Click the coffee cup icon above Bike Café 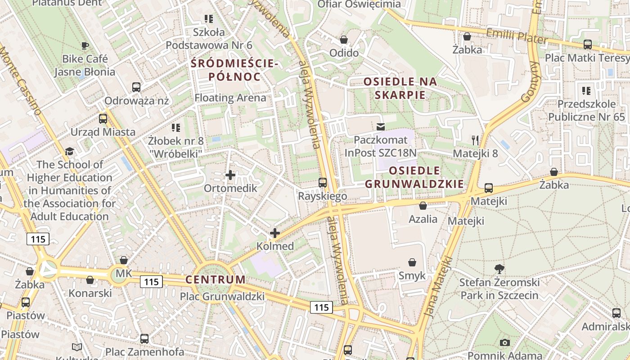[x=85, y=45]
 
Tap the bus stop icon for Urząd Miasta [x=103, y=119]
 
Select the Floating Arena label [x=230, y=98]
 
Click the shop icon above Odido [x=344, y=40]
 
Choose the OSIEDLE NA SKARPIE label [x=400, y=88]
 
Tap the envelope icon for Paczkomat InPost [x=381, y=127]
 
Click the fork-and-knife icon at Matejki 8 [x=475, y=140]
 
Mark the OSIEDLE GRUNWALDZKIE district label [x=414, y=177]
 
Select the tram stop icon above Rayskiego [x=323, y=183]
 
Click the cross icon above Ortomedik [x=230, y=175]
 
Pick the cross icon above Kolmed [x=274, y=233]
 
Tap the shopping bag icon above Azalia [x=423, y=206]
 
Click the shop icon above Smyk [x=412, y=262]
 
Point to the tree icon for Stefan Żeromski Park [x=499, y=269]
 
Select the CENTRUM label [x=216, y=279]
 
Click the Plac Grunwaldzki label [x=222, y=297]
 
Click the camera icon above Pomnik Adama [x=505, y=342]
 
